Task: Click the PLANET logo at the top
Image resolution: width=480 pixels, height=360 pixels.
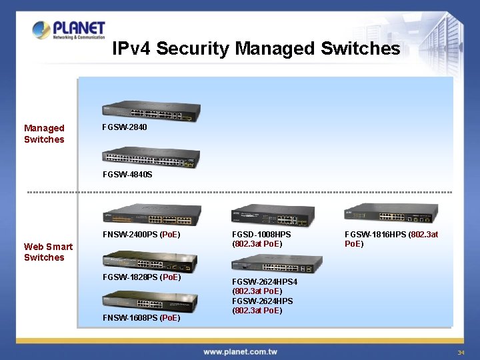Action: coord(69,30)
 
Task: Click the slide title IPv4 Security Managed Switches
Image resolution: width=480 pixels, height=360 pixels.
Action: coord(256,49)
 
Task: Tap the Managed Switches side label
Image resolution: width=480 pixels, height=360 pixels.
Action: coord(44,133)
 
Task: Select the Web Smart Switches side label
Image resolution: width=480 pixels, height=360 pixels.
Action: coord(48,252)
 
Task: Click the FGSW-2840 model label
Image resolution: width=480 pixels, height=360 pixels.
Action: coord(125,127)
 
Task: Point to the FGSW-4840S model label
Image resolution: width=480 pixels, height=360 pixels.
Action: coord(127,175)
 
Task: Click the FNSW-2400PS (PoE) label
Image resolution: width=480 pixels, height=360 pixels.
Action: coord(141,235)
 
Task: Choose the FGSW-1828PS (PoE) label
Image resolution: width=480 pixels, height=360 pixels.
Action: coord(141,277)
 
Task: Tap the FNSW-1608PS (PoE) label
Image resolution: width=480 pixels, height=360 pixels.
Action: coord(141,318)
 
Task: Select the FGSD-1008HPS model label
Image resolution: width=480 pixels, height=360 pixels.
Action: coord(261,235)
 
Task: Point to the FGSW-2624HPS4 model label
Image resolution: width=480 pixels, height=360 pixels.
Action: coord(265,282)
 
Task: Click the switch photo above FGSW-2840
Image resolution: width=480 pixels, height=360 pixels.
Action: coord(151,113)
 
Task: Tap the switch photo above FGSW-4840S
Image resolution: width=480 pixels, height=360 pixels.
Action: coord(151,157)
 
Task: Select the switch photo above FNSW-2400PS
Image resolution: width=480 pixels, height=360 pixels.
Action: coord(152,215)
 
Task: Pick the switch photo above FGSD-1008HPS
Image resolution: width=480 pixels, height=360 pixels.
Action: coord(272,216)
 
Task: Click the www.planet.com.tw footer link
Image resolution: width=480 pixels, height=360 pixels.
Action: coord(240,351)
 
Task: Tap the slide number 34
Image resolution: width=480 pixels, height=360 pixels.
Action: coord(460,352)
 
